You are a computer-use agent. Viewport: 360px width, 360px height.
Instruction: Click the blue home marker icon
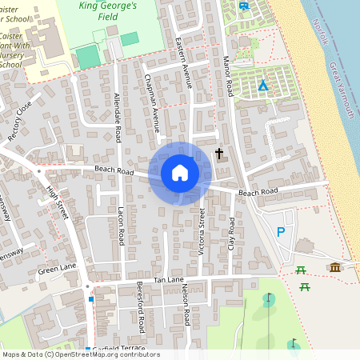[x=180, y=173]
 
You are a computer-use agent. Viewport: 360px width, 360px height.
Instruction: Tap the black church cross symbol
[x=219, y=153]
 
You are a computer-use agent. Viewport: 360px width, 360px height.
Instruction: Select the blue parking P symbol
[x=280, y=232]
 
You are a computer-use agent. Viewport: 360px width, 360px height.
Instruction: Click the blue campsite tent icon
[x=262, y=86]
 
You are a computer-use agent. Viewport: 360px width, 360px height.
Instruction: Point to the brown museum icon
[x=335, y=266]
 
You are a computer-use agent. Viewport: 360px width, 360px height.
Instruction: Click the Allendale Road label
[x=118, y=118]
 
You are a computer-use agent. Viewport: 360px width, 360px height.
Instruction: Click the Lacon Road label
[x=121, y=224]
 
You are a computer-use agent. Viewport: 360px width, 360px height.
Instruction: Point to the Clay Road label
[x=232, y=234]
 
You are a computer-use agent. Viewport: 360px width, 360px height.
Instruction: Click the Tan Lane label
[x=169, y=280]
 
